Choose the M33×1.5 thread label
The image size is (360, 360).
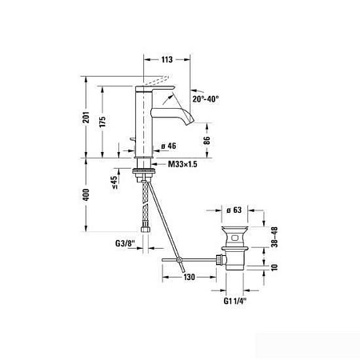[183, 164]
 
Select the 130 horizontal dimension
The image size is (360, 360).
[189, 277]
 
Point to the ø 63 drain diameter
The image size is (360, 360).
[235, 210]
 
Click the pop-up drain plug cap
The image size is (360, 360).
[236, 226]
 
